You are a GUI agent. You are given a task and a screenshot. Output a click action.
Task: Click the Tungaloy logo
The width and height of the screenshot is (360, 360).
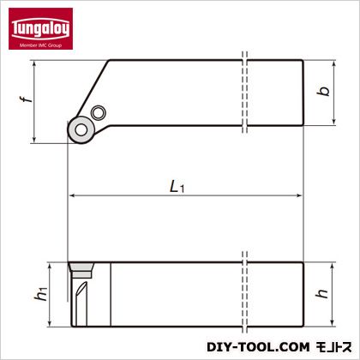(40, 28)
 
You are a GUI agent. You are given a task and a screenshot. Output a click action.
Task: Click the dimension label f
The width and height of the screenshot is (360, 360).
(26, 99)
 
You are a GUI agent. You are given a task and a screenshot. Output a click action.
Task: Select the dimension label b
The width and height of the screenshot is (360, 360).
(323, 92)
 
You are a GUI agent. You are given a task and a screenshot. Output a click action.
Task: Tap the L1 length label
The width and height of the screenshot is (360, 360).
(177, 188)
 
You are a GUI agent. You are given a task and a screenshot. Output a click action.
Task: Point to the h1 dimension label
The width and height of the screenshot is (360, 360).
(40, 294)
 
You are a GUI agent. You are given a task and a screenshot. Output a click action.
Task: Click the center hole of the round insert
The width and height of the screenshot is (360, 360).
(81, 130)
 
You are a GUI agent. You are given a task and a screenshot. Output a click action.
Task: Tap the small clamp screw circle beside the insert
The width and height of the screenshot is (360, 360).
(99, 113)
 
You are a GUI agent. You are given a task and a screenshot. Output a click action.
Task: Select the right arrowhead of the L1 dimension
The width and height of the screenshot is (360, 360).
(299, 195)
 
